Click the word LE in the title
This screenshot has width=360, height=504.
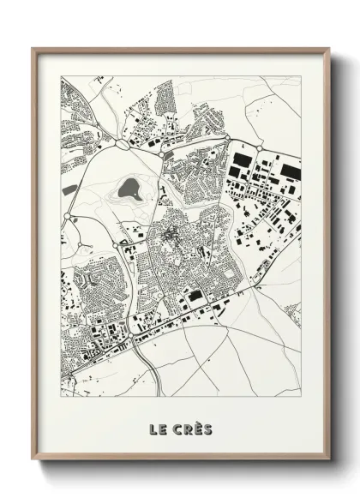tap(159, 428)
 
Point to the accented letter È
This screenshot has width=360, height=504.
tap(196, 427)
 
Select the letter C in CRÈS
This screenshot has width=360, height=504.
tap(176, 428)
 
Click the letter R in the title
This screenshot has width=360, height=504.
tap(186, 428)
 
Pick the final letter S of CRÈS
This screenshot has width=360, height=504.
tap(207, 428)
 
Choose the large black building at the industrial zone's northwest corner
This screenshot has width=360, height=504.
tap(242, 160)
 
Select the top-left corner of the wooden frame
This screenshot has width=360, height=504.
tap(33, 50)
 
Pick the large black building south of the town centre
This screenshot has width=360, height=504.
tap(195, 296)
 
